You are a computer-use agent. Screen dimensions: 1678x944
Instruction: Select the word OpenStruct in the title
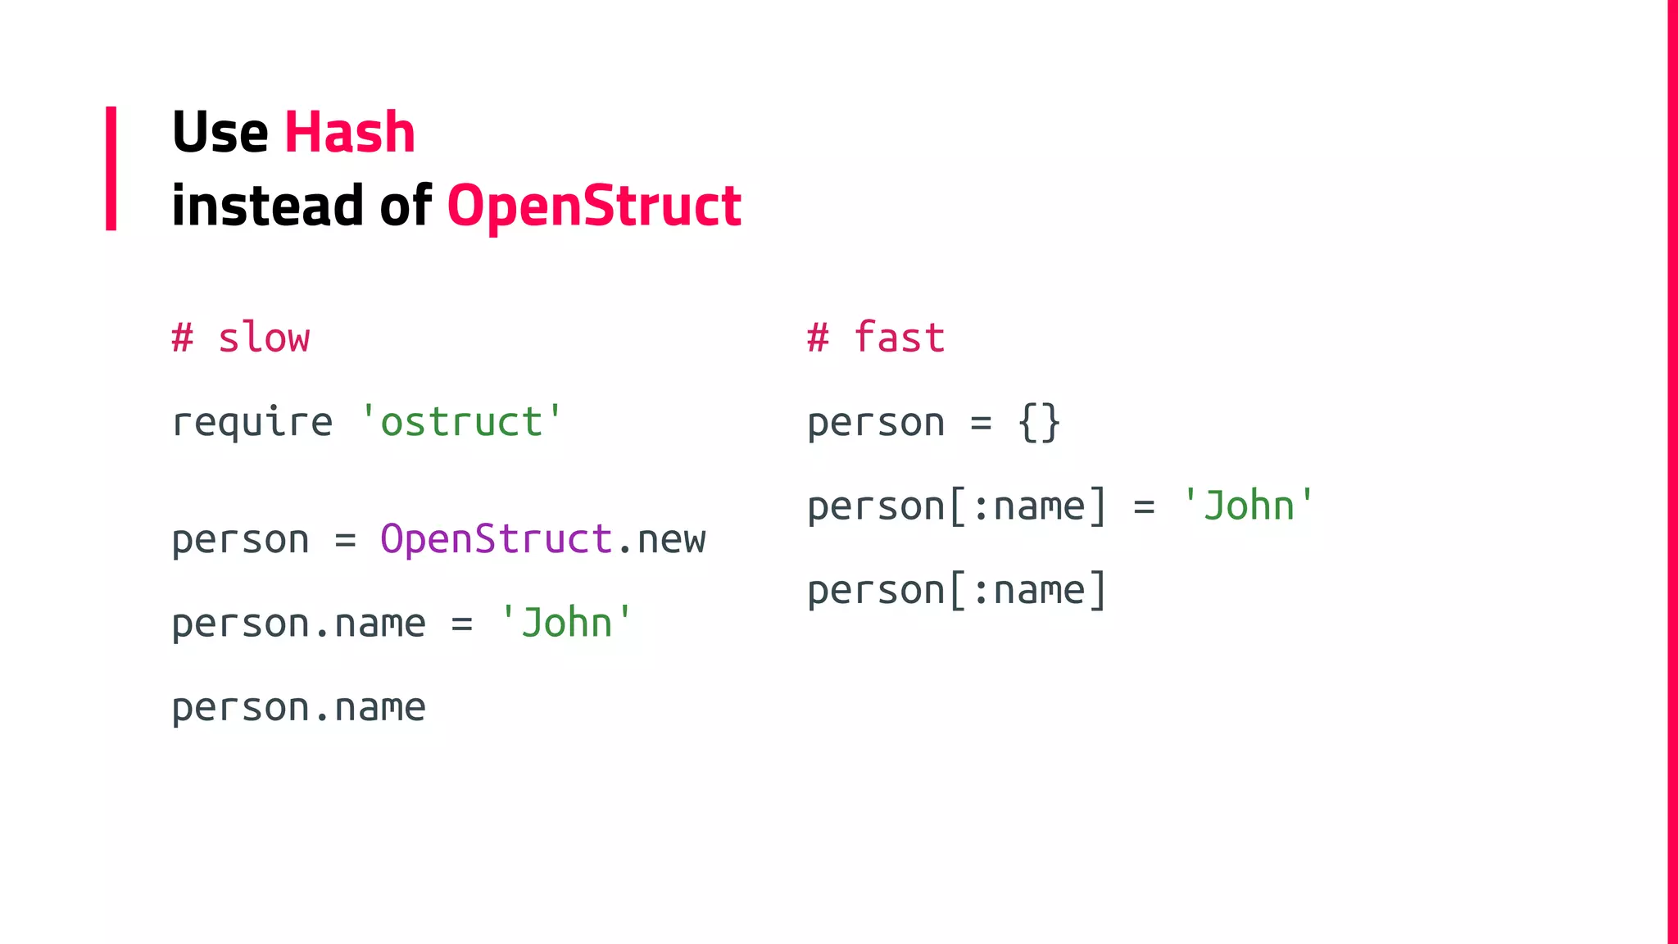[594, 205]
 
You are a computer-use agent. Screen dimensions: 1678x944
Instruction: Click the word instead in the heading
[267, 205]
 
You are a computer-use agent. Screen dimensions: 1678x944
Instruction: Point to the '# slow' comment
[241, 338]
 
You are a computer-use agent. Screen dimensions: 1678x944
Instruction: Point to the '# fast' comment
[876, 338]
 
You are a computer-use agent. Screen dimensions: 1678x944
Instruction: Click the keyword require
[252, 422]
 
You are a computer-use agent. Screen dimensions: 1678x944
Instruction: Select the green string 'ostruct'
[461, 422]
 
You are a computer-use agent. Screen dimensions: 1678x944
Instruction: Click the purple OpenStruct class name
[497, 539]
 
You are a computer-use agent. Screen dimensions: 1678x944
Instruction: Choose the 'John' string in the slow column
[566, 623]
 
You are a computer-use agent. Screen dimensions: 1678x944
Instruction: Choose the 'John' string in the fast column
[1248, 506]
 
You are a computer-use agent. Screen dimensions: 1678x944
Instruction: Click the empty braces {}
[1039, 423]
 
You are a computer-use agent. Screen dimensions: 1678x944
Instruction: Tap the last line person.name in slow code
[298, 707]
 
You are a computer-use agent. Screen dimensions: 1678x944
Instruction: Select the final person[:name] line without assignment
[957, 590]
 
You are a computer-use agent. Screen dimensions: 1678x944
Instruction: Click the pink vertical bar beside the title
[111, 168]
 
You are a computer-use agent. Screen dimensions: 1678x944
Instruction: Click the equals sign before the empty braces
[981, 423]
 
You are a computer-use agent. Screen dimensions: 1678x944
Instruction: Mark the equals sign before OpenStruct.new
[345, 540]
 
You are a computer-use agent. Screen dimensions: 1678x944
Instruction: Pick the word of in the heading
[406, 205]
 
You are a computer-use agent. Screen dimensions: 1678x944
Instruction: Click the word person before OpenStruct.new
[241, 540]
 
